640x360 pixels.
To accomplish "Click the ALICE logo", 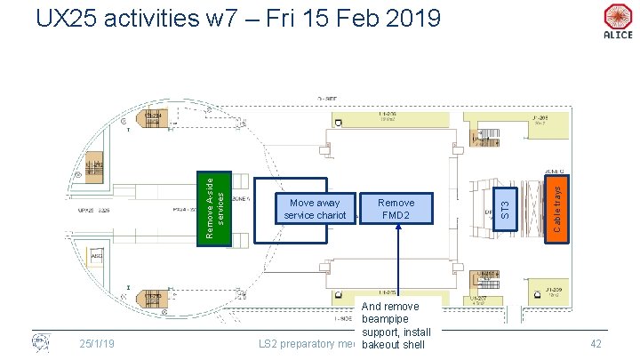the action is point(617,21).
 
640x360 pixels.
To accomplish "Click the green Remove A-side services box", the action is point(214,207).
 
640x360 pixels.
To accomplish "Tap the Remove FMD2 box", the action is point(396,209).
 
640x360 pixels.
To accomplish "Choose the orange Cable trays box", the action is point(556,209).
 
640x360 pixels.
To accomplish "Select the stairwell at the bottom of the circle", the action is point(152,298).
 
